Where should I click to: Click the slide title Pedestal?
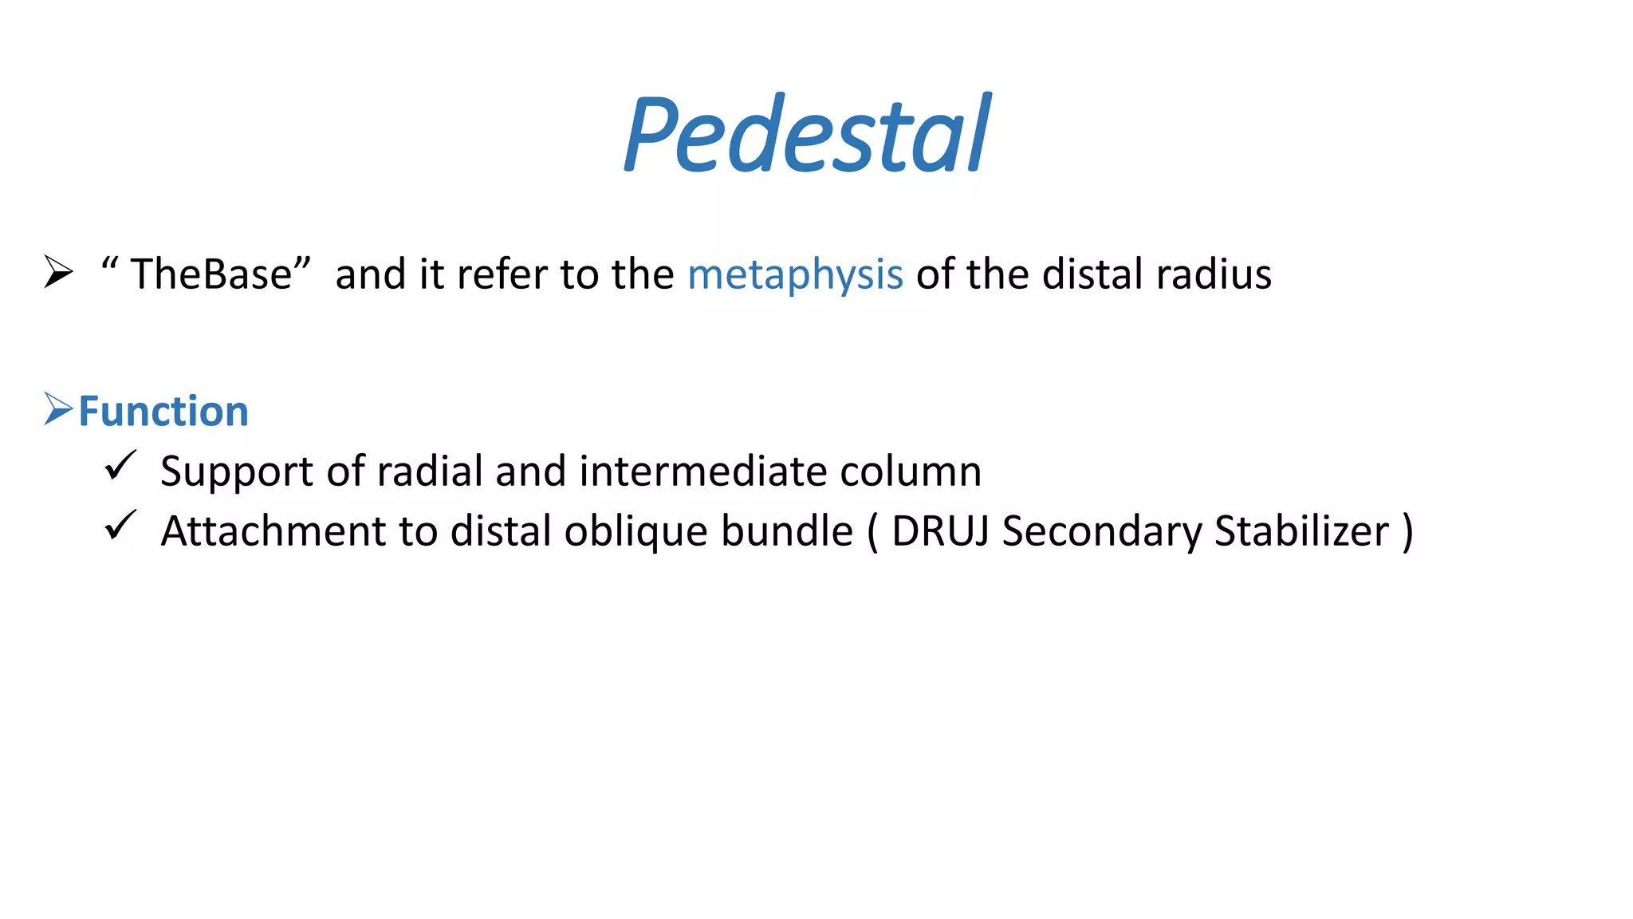click(x=807, y=134)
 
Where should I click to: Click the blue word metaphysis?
click(x=795, y=274)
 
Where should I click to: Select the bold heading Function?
click(x=163, y=412)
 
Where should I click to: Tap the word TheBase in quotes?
click(x=211, y=274)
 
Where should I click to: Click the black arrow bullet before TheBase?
click(x=58, y=272)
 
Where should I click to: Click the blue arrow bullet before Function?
click(x=58, y=409)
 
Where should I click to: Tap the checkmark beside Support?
click(x=120, y=466)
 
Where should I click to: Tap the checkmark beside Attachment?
click(x=120, y=527)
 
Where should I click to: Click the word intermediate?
click(x=702, y=471)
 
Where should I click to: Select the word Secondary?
click(x=1101, y=531)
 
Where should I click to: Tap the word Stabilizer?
click(x=1301, y=531)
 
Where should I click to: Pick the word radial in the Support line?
click(x=430, y=471)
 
